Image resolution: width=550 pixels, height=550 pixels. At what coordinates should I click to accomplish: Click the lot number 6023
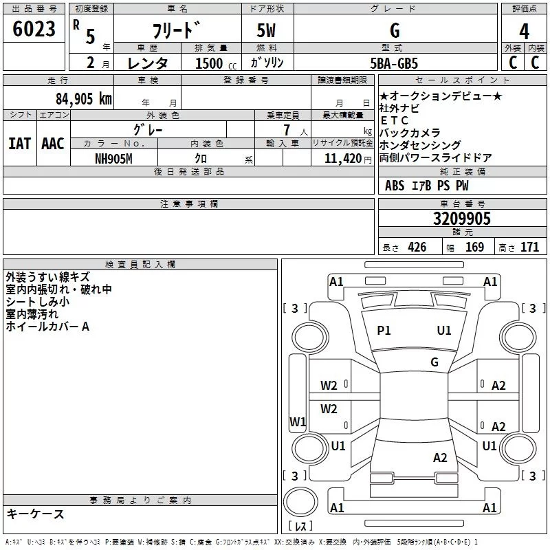34,30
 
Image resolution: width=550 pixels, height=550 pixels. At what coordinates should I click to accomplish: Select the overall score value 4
524,32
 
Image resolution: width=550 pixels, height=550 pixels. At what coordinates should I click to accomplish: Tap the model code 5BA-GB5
394,63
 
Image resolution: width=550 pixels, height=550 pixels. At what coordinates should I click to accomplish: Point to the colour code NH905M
114,158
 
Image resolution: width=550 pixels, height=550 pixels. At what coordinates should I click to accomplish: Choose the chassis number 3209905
461,219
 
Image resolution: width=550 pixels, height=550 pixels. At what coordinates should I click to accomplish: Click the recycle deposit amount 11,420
342,158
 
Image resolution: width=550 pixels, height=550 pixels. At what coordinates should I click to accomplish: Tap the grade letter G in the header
394,30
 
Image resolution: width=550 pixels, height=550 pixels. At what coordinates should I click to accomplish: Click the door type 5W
267,30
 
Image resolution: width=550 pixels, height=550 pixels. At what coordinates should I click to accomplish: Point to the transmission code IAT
19,144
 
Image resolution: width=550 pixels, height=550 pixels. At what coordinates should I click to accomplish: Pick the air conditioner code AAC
53,144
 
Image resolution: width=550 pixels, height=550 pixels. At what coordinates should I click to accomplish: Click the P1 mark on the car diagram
384,331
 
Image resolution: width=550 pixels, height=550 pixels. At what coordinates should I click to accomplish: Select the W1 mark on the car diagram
298,421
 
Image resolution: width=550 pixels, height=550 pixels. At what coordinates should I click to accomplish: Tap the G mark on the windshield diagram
434,362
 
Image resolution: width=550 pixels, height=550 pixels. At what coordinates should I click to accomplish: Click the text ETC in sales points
395,120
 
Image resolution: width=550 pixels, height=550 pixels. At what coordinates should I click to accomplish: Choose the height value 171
529,247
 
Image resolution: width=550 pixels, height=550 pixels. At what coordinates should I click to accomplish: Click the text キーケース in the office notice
35,514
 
